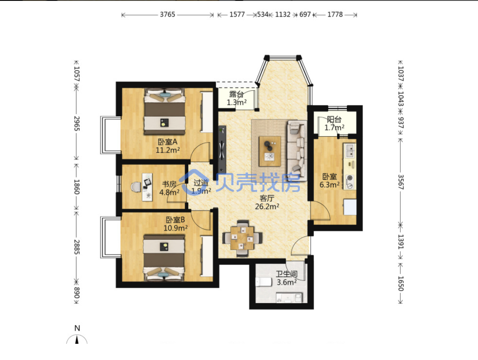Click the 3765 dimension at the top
[x=167, y=14]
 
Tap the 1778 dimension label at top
[x=335, y=14]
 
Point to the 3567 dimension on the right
[x=401, y=182]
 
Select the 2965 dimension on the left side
[x=76, y=123]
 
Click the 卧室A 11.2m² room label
[x=167, y=146]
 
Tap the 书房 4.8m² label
[x=169, y=188]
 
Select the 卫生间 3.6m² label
[x=287, y=278]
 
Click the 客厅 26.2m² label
[x=267, y=202]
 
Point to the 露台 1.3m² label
[x=237, y=98]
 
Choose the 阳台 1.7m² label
[x=334, y=123]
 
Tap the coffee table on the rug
[x=270, y=151]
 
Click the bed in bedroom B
[x=164, y=258]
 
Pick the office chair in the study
[x=136, y=187]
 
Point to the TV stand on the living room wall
[x=222, y=149]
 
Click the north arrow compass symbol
[x=77, y=339]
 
